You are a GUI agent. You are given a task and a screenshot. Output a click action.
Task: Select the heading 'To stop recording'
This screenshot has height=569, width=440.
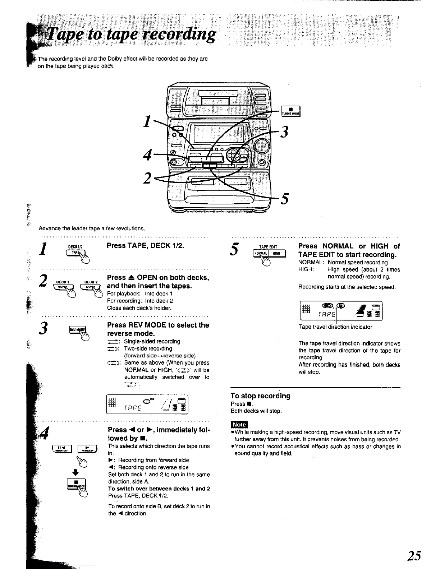point(260,396)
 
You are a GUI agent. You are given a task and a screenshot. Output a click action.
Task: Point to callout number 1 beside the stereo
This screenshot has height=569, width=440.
point(146,121)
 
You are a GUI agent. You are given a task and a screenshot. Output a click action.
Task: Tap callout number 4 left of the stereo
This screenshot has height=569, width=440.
point(147,156)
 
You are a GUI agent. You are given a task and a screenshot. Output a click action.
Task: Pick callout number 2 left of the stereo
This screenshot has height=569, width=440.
point(147,178)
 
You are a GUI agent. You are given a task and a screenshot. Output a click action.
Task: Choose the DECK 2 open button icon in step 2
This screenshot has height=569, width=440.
point(91,286)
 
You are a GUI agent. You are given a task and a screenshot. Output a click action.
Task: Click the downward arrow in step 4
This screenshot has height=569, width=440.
point(73,472)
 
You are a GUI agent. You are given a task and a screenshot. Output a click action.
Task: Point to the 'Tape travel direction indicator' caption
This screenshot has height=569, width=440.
point(335,327)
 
